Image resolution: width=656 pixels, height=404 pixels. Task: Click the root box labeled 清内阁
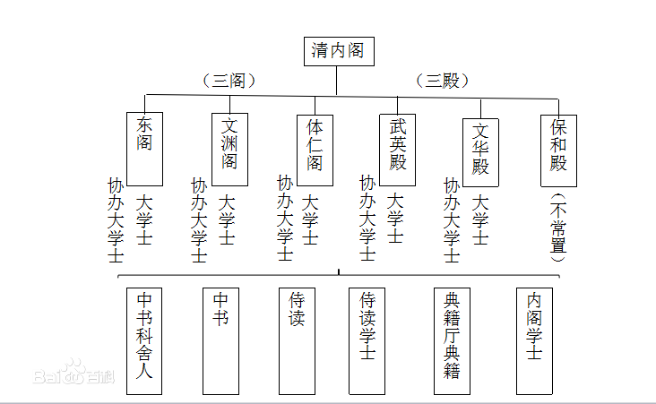click(x=338, y=51)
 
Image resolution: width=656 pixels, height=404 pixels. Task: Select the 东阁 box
click(x=144, y=148)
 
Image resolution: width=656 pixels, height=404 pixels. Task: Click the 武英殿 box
click(x=398, y=148)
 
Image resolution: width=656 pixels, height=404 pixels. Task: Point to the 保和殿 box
click(x=559, y=148)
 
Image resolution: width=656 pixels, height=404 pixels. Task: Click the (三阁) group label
click(x=229, y=81)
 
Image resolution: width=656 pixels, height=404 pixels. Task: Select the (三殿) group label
click(x=443, y=81)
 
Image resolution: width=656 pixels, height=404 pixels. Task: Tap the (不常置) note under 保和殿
click(x=559, y=228)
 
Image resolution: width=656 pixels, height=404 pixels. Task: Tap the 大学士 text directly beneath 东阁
click(x=144, y=220)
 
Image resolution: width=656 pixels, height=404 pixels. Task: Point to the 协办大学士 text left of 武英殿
click(x=367, y=219)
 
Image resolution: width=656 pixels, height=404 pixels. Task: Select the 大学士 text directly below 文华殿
click(x=480, y=220)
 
